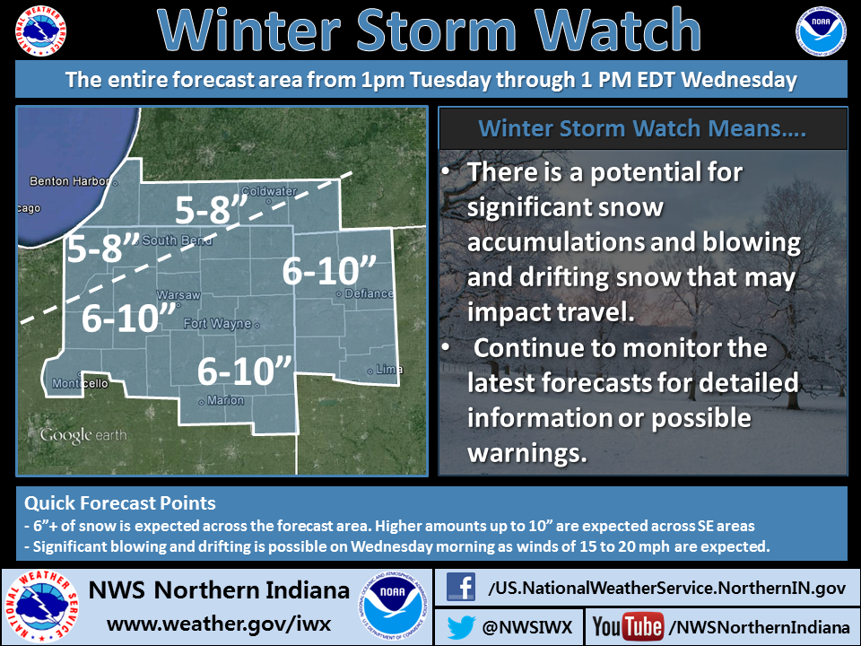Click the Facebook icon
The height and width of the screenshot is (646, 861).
[461, 588]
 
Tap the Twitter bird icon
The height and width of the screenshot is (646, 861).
[461, 624]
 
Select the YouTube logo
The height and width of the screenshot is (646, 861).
[628, 625]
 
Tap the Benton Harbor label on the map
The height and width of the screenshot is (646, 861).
[62, 181]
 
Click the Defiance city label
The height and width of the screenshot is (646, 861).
[369, 293]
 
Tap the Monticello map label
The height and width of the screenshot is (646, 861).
[80, 383]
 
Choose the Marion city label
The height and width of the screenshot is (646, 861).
[224, 400]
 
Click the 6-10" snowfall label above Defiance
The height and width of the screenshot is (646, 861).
[326, 270]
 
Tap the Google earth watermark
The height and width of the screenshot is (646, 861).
[83, 436]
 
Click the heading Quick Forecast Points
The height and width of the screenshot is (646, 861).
[119, 502]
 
